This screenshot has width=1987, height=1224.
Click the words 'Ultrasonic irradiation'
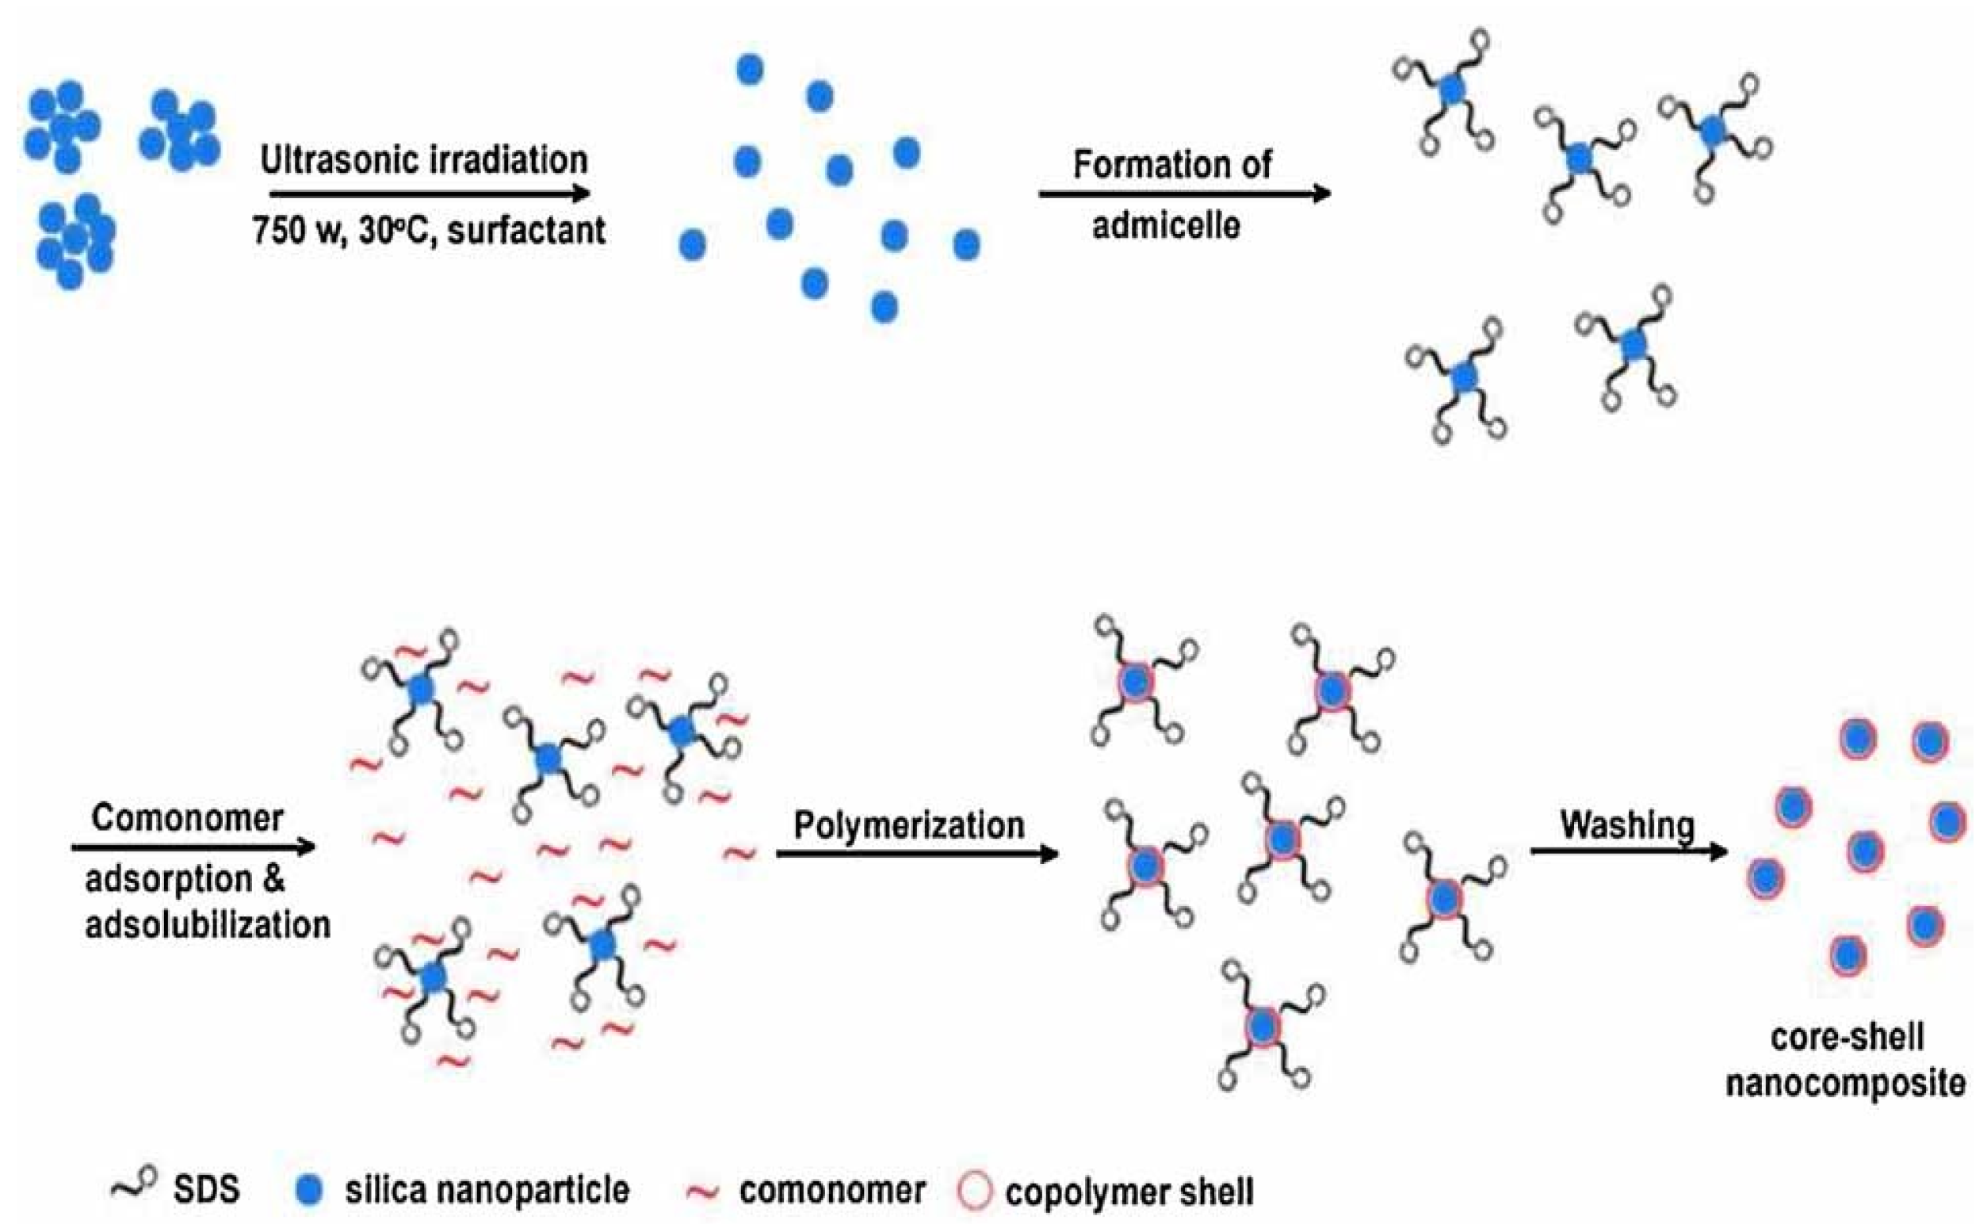click(423, 160)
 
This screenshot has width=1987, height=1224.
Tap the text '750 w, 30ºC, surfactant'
click(428, 231)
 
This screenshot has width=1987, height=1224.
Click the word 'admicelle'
click(1166, 225)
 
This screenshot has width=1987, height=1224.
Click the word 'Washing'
click(1627, 825)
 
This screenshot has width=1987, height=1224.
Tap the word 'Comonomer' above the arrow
click(187, 818)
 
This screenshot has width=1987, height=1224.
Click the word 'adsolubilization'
click(207, 924)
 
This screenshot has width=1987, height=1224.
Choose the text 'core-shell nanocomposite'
click(1846, 1060)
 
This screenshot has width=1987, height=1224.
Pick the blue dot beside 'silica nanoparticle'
click(309, 1190)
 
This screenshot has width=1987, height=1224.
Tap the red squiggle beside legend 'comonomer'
click(701, 1191)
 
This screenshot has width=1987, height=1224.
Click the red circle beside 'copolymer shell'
click(973, 1191)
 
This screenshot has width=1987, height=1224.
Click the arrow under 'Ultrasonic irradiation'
click(429, 194)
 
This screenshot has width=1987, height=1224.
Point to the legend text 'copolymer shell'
click(1129, 1191)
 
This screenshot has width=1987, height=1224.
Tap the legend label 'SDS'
click(206, 1190)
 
